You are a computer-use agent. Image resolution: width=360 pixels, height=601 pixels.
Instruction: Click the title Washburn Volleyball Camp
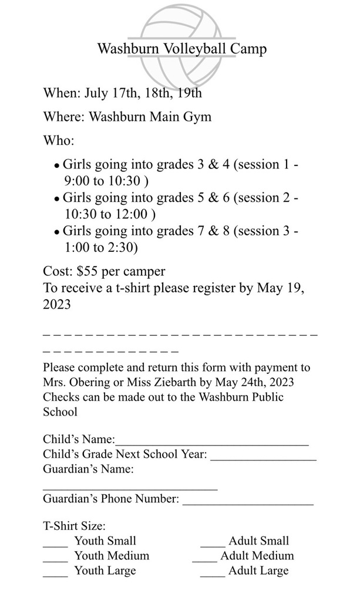181,48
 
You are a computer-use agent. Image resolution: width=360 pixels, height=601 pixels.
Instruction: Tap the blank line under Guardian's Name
130,488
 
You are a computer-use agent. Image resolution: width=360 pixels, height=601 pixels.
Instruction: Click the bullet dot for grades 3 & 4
56,166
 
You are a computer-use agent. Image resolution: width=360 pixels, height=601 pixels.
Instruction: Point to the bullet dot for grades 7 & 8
56,232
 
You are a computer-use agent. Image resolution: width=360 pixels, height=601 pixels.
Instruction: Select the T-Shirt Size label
74,526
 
